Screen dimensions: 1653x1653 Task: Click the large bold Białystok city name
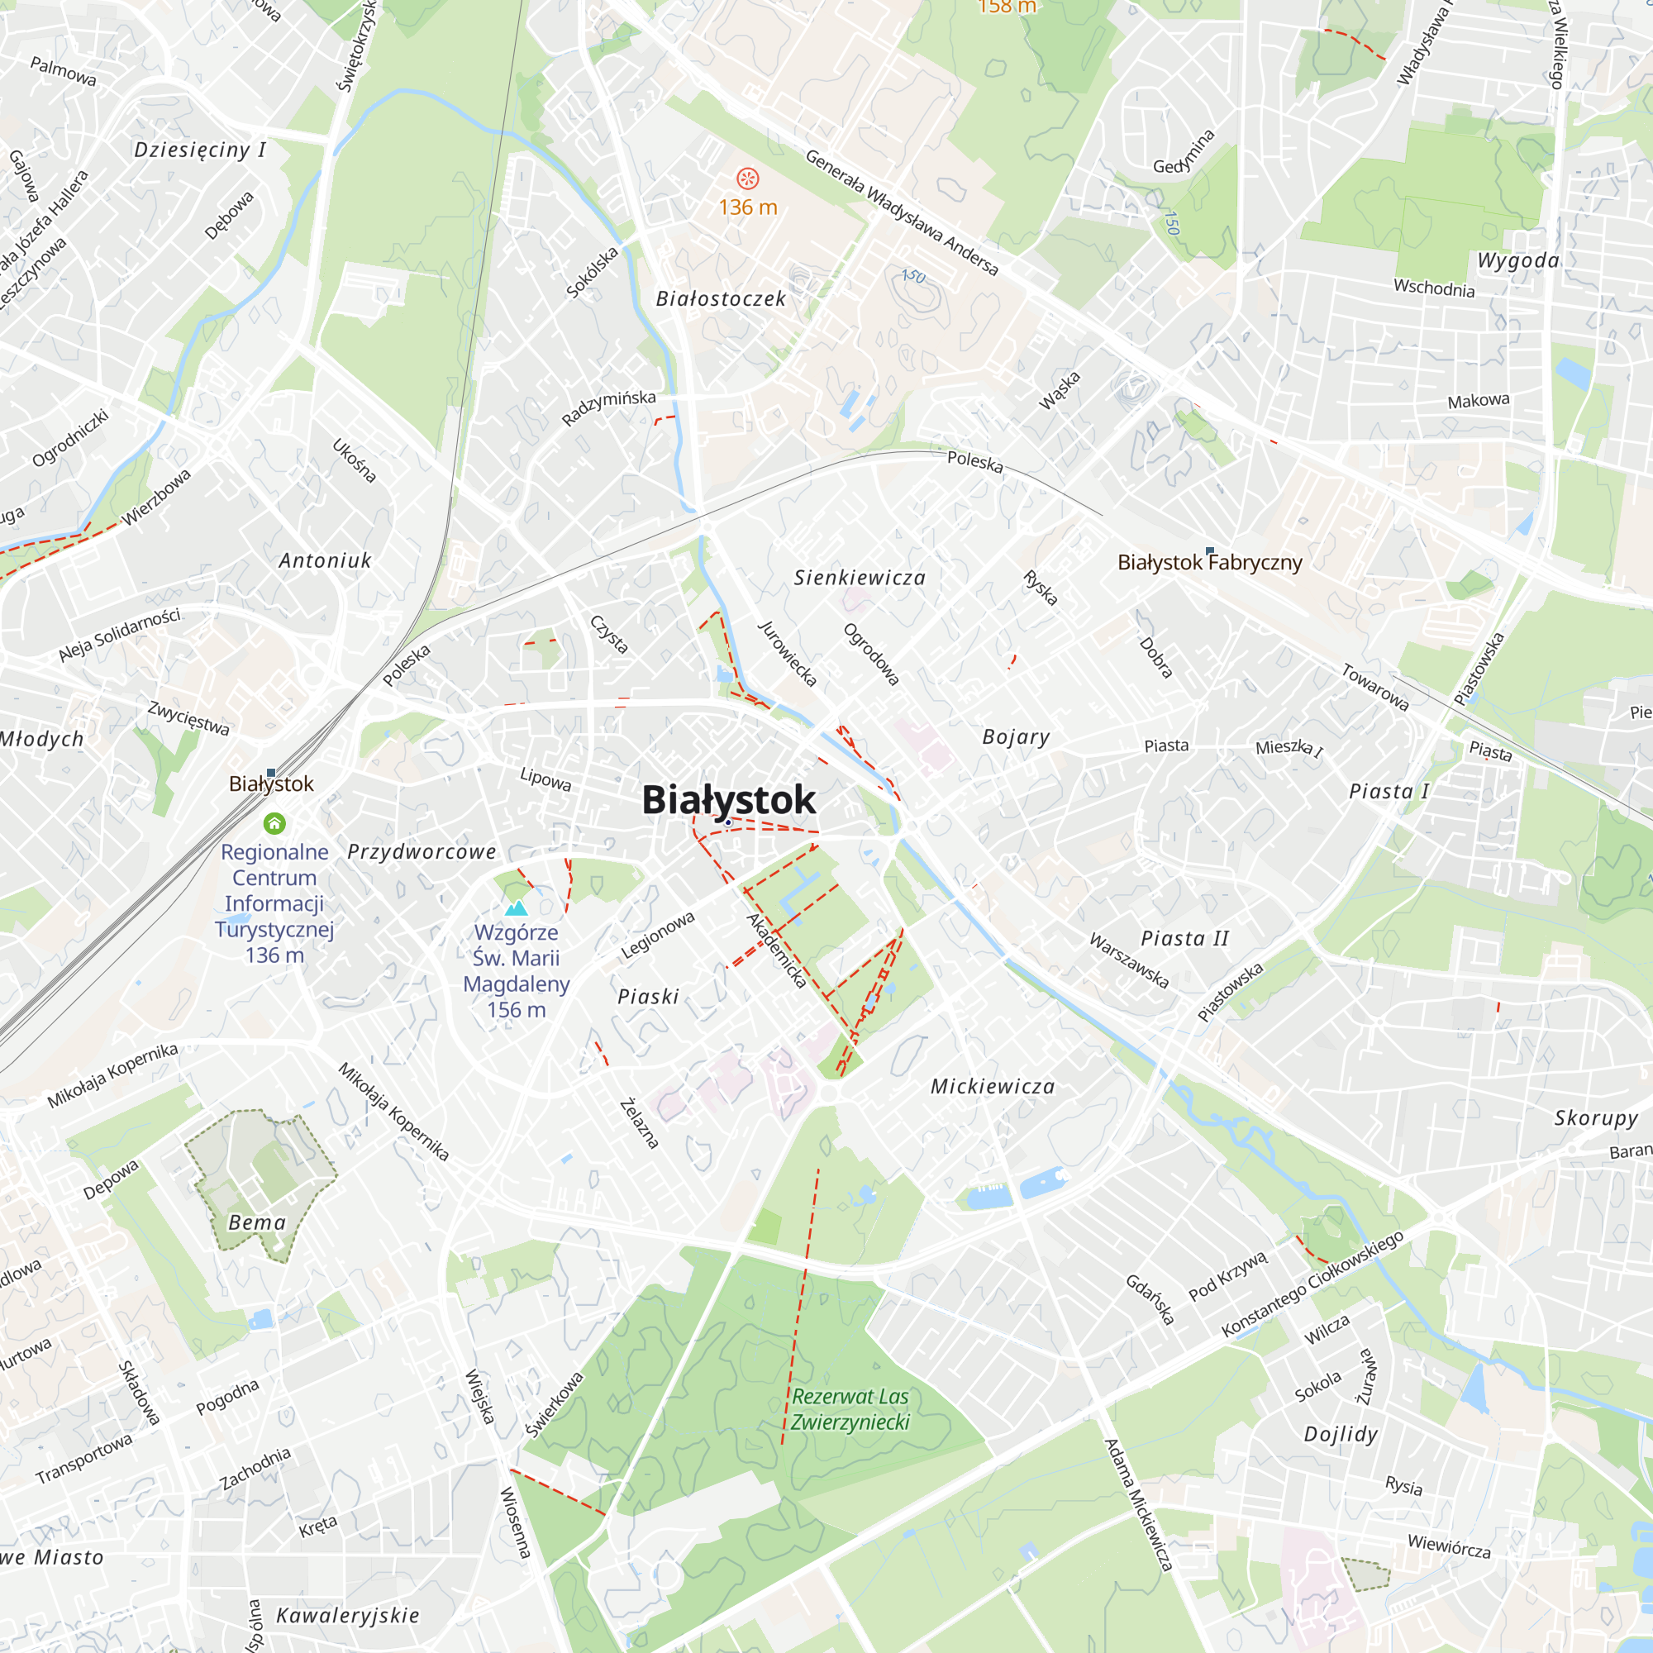(728, 800)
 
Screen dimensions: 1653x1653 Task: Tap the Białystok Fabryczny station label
(1209, 562)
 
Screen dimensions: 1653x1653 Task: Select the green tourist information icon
(274, 823)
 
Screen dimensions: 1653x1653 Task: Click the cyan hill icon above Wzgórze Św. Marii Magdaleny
(516, 907)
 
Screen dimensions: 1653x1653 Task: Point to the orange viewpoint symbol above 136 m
(747, 178)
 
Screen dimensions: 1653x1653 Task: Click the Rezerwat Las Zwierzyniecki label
(850, 1409)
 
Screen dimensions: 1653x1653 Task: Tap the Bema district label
(257, 1222)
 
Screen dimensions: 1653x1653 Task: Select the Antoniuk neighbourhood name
(325, 560)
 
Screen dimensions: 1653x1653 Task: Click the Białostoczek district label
(721, 298)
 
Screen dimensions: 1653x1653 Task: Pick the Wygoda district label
(1517, 260)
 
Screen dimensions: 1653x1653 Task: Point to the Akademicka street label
(776, 950)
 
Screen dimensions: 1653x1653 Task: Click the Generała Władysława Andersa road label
(901, 212)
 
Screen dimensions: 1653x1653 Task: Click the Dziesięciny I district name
(199, 150)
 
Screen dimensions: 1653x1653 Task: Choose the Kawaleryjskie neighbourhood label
(347, 1615)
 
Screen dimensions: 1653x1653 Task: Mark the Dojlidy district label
(1340, 1435)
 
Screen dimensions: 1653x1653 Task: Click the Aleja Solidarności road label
(119, 635)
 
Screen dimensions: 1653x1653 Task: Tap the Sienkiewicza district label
(859, 578)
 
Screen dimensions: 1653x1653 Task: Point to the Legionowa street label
(657, 934)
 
